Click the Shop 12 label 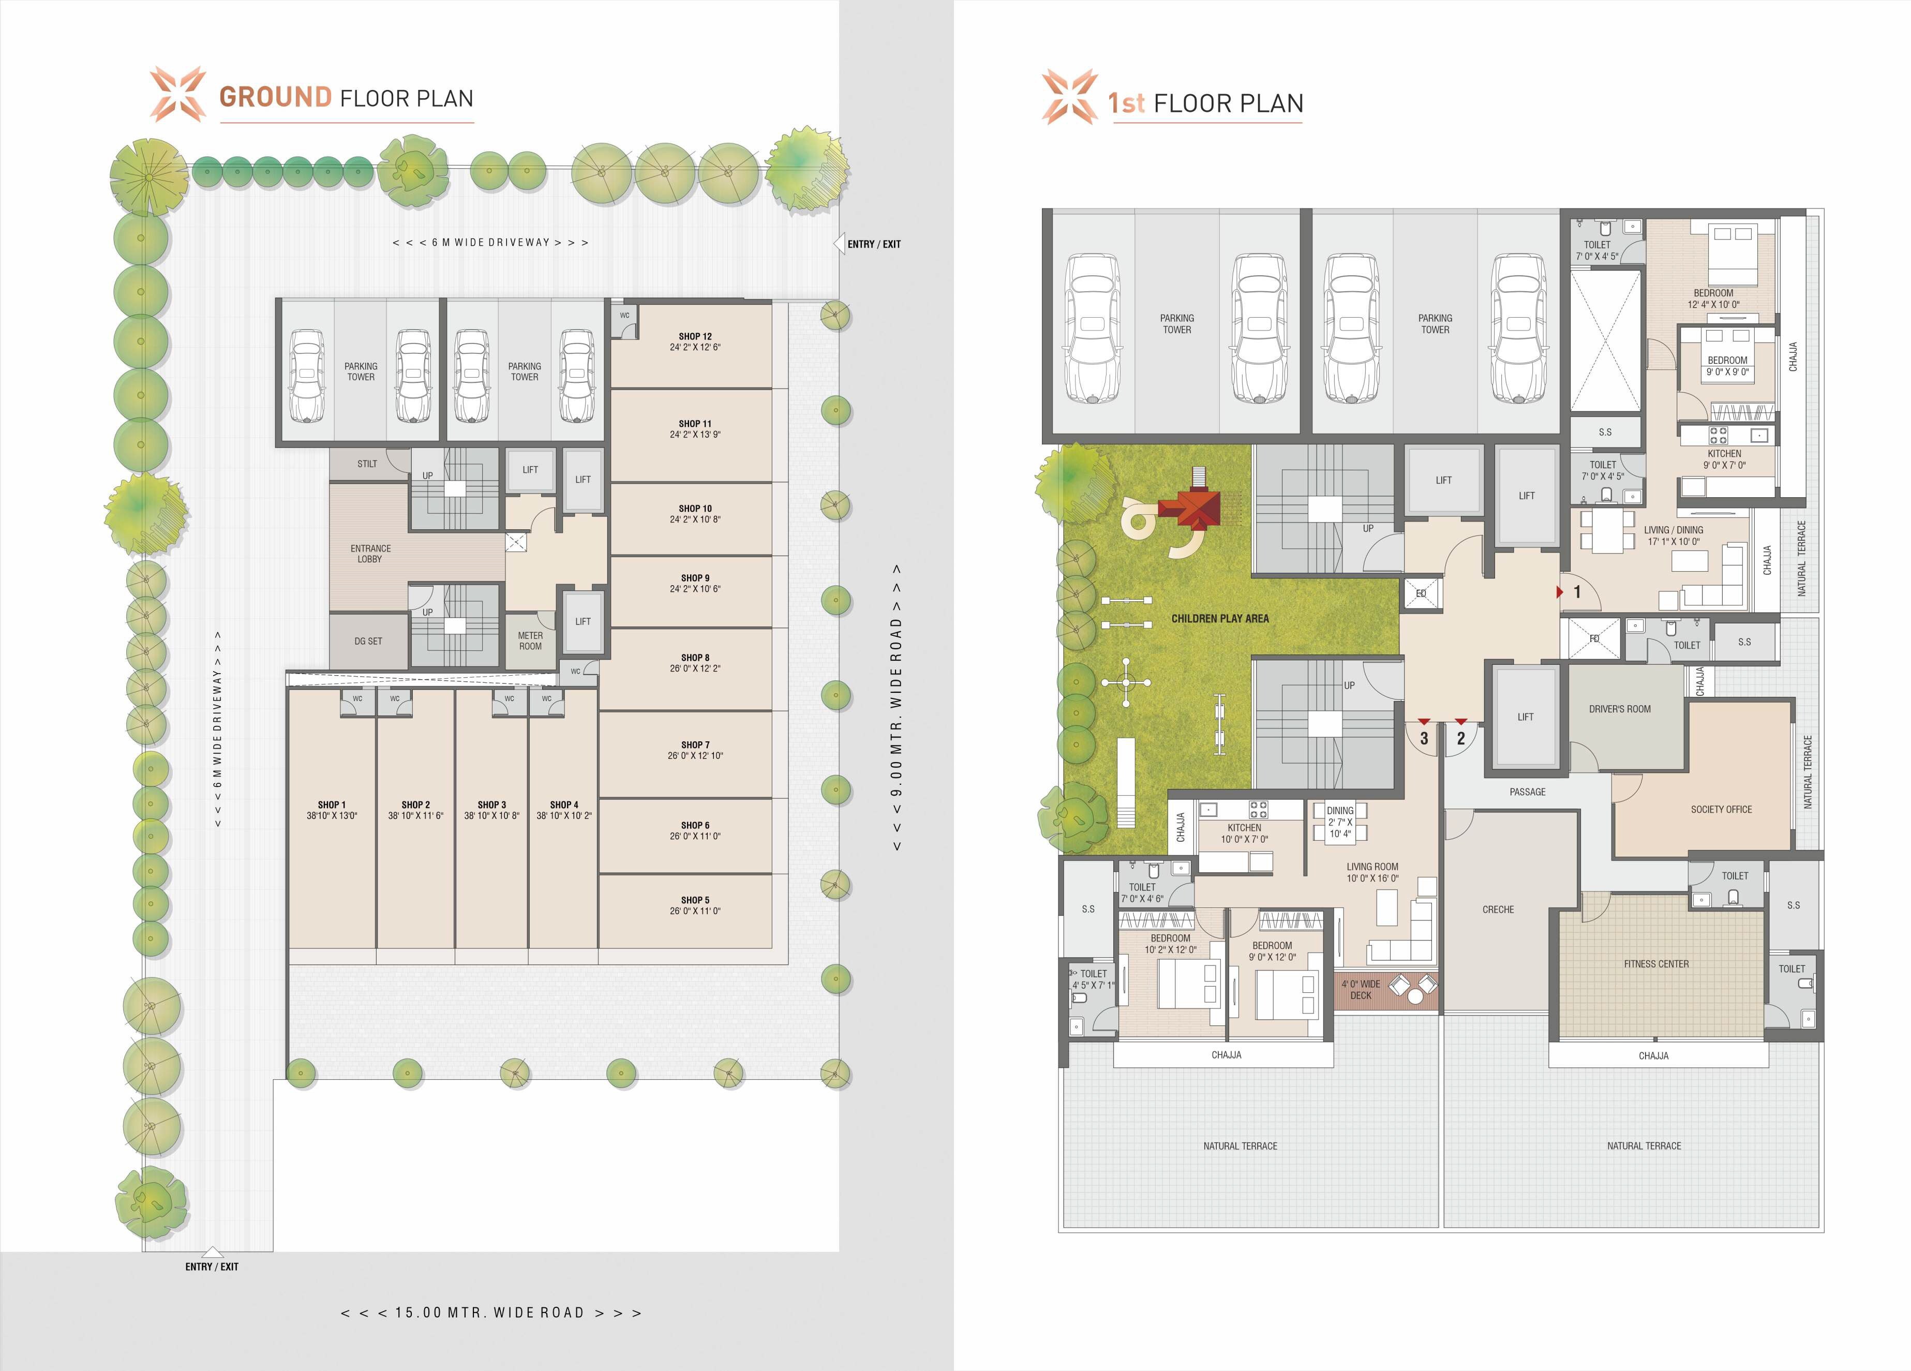695,336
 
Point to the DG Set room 368,641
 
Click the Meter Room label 530,641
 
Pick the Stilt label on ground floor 367,464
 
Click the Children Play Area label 1220,619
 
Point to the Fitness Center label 1656,964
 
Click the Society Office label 1722,809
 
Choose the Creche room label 1498,909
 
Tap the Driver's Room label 1619,709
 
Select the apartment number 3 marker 1424,739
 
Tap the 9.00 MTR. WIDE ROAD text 897,708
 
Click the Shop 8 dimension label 695,668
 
